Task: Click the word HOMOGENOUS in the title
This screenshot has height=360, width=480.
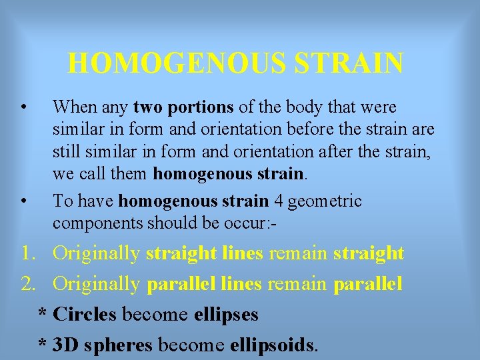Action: click(x=175, y=64)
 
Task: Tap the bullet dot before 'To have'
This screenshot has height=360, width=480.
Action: click(x=23, y=201)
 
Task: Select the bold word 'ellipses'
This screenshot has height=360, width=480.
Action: click(x=226, y=313)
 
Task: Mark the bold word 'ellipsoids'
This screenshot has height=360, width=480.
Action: click(x=272, y=344)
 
